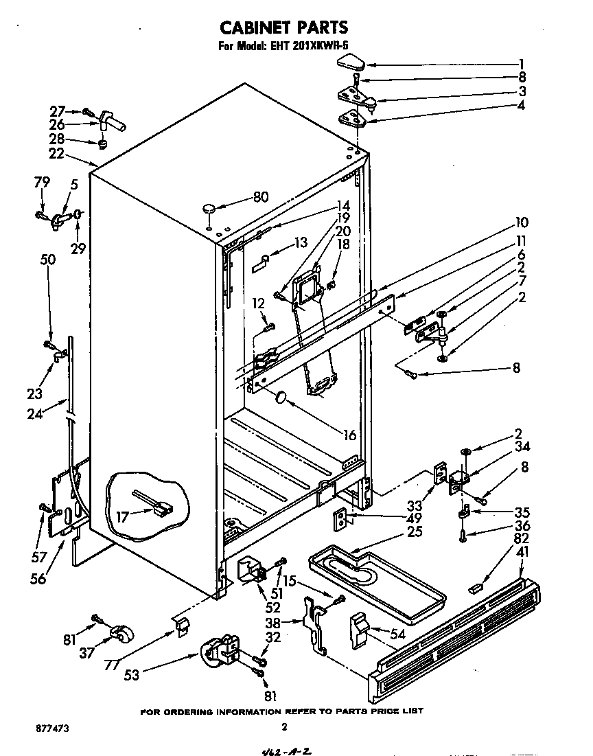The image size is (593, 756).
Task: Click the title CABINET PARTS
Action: point(284,27)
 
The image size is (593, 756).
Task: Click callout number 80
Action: point(260,197)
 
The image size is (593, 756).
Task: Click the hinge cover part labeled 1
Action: point(351,62)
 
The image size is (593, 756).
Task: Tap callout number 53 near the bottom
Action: point(132,675)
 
